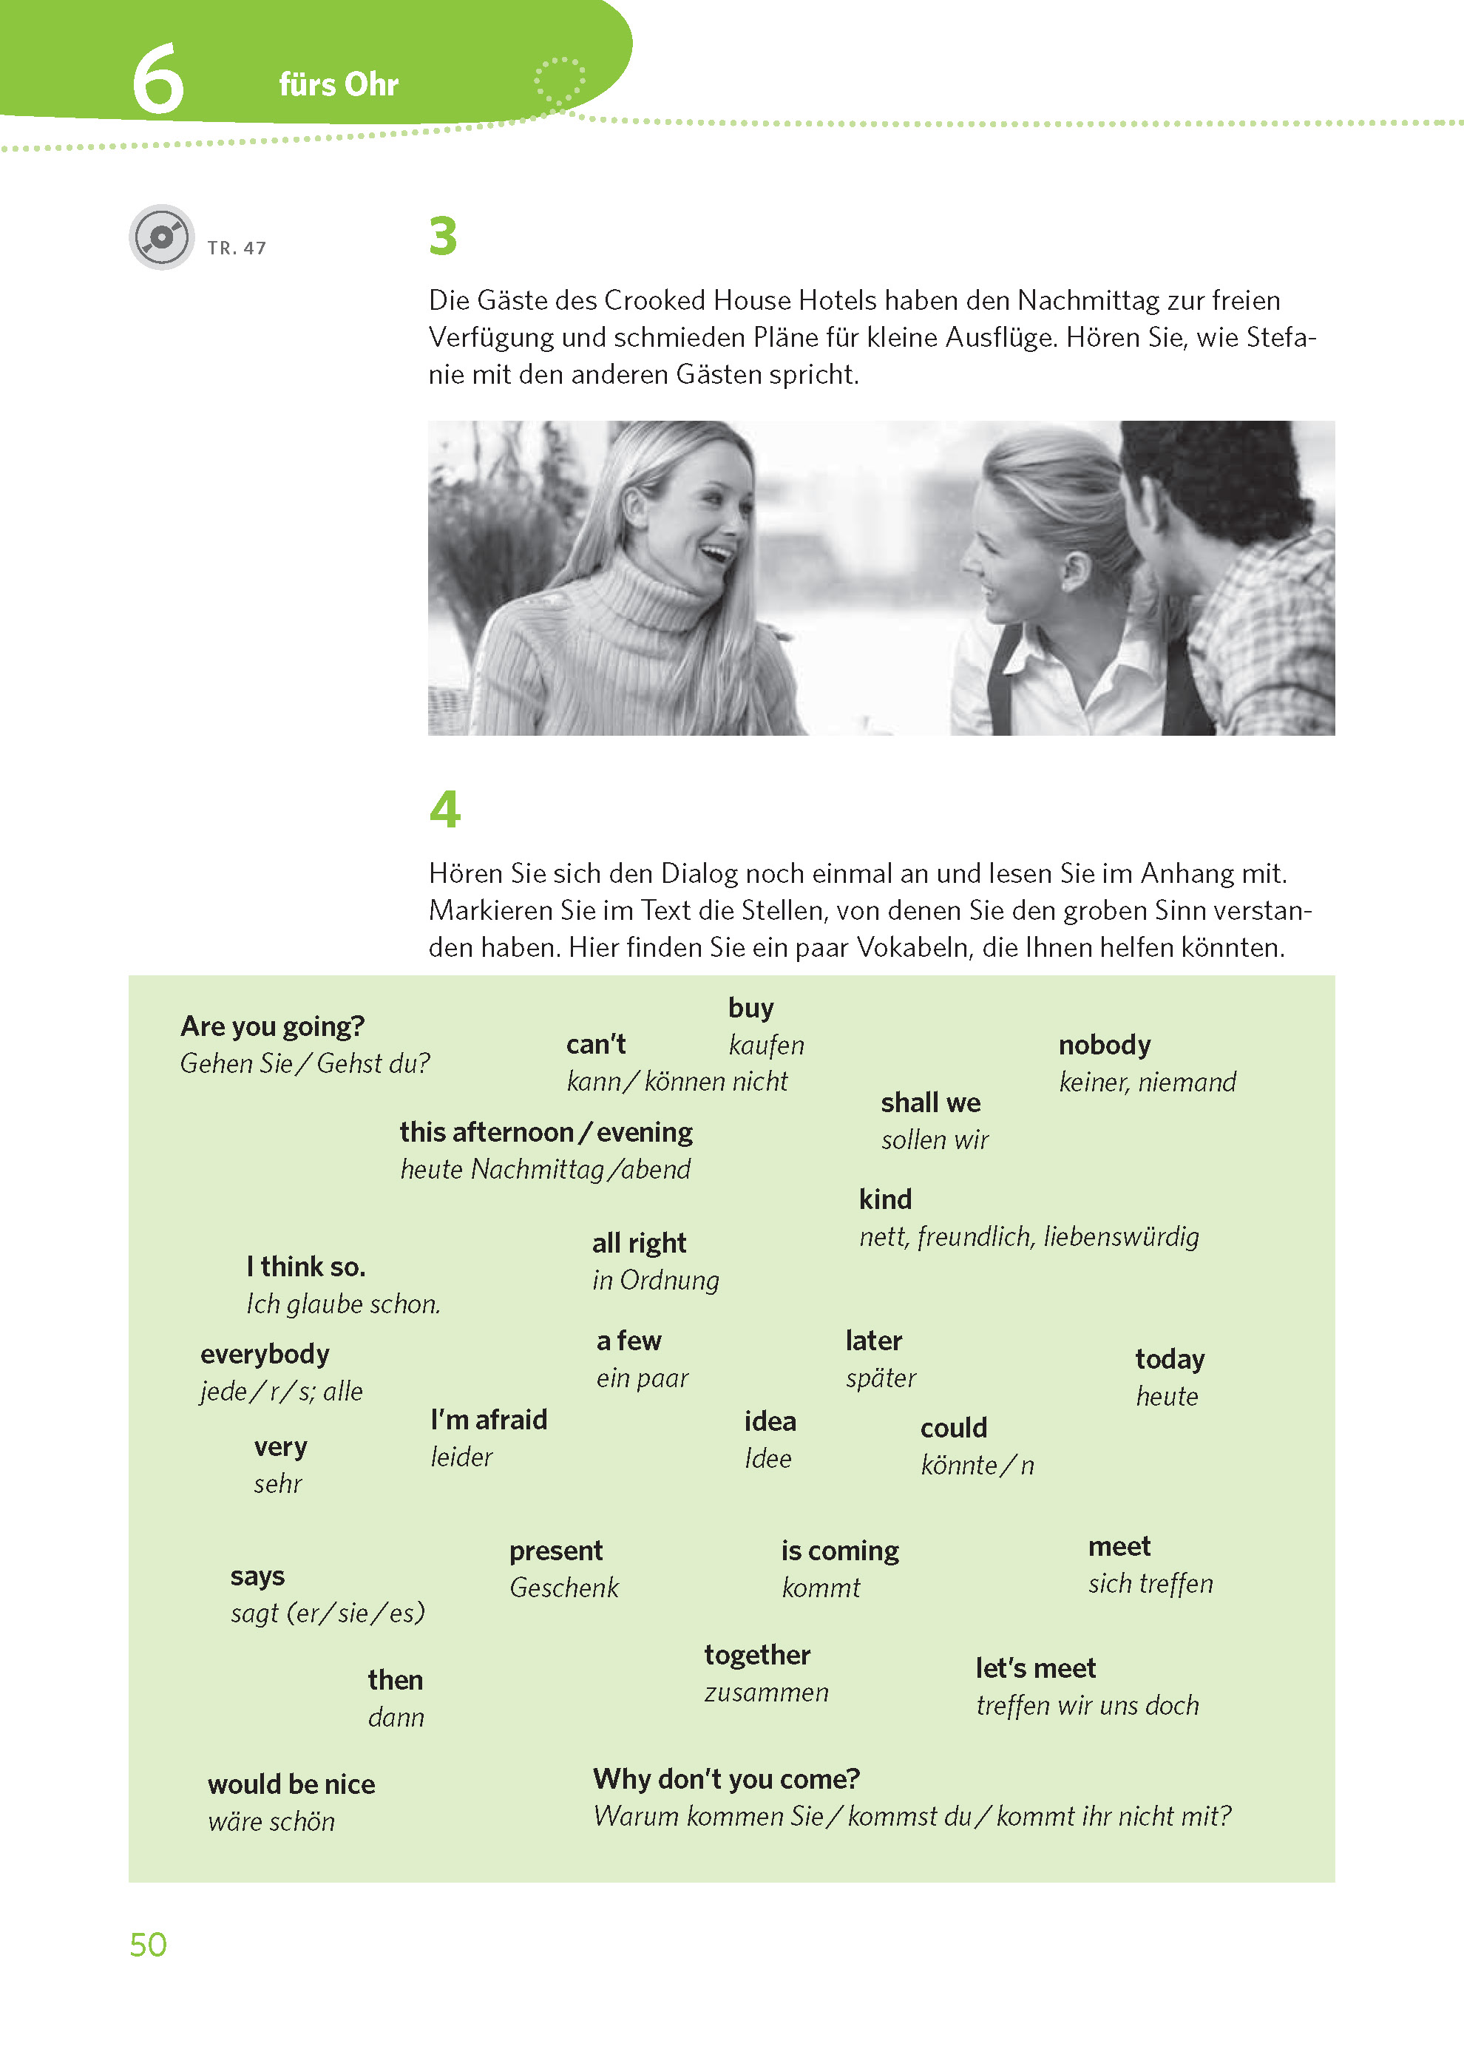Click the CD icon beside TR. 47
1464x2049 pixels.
161,237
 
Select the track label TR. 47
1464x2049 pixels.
236,248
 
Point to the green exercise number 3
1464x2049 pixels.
443,236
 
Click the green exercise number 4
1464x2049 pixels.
444,809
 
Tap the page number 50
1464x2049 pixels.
148,1945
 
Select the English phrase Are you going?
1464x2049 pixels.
272,1026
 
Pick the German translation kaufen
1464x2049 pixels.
765,1045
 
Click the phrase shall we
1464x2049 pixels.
930,1103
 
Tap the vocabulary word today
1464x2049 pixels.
1169,1358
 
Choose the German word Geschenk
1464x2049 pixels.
563,1588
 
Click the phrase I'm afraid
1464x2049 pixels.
489,1420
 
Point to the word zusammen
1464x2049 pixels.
765,1692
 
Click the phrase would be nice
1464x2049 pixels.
291,1784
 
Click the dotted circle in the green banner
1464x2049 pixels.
559,82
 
